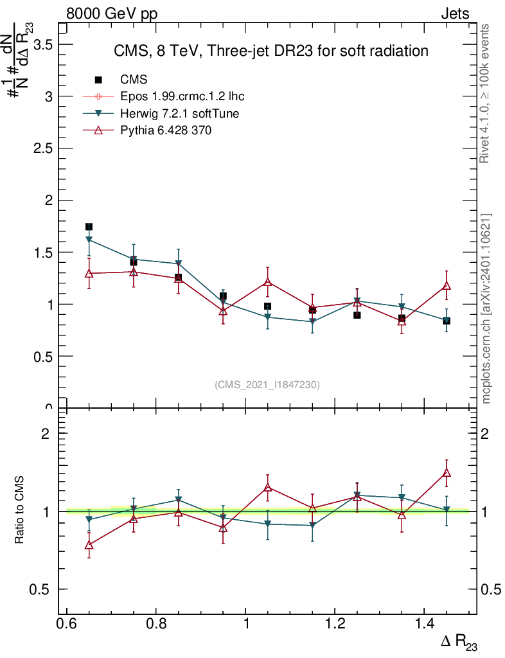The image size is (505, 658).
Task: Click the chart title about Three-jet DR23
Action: pyautogui.click(x=270, y=51)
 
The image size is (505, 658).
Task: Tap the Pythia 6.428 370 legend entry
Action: pyautogui.click(x=166, y=130)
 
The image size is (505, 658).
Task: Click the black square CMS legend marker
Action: pyautogui.click(x=98, y=80)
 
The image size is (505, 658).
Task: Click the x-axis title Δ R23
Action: pyautogui.click(x=459, y=642)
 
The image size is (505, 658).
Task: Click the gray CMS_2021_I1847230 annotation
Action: pyautogui.click(x=267, y=384)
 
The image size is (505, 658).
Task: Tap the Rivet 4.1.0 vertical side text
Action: pyautogui.click(x=486, y=93)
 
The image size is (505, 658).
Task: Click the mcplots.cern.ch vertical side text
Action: pyautogui.click(x=486, y=308)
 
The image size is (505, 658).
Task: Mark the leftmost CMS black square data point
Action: pyautogui.click(x=89, y=227)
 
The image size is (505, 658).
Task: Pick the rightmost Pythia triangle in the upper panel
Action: pyautogui.click(x=447, y=285)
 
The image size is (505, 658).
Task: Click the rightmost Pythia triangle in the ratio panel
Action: pyautogui.click(x=447, y=473)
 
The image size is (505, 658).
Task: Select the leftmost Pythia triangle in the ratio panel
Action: pyautogui.click(x=89, y=545)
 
